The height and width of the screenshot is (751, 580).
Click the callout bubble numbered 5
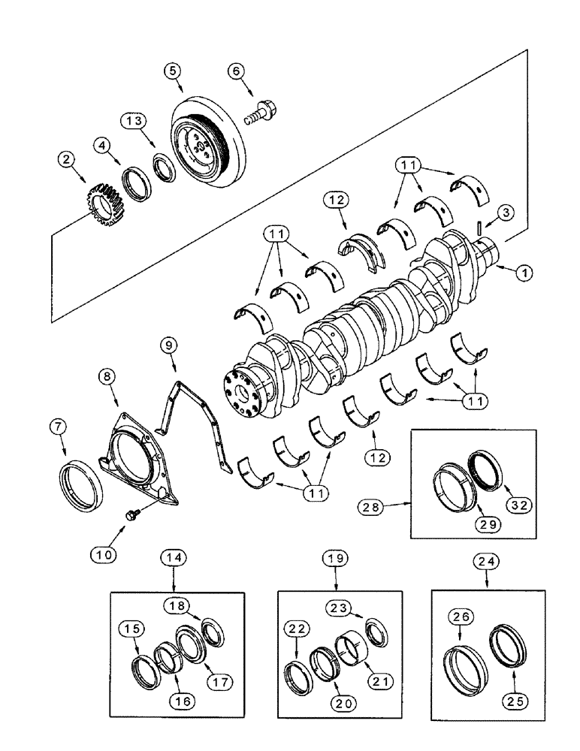[x=173, y=71]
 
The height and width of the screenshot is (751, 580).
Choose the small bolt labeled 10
[x=131, y=514]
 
